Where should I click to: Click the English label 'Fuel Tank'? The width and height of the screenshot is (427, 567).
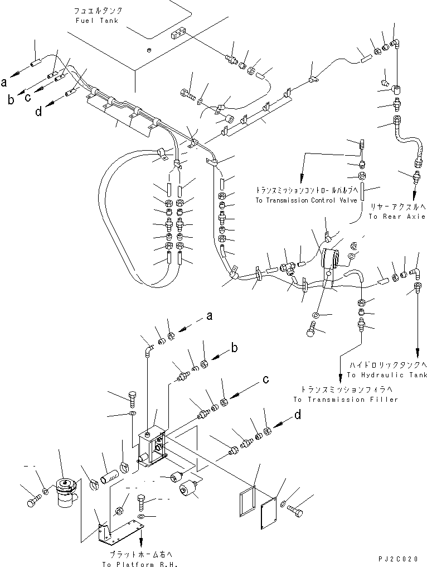point(97,21)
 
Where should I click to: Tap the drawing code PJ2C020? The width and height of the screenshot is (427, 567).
point(398,559)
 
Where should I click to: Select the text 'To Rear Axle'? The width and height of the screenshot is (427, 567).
point(397,217)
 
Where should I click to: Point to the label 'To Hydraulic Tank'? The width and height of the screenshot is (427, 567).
point(387,375)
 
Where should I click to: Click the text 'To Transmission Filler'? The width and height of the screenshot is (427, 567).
point(346,400)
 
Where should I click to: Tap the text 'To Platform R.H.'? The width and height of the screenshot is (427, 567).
point(140,564)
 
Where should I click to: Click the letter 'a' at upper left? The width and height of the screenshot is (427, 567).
point(3,83)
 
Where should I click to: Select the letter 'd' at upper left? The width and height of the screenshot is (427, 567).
point(38,112)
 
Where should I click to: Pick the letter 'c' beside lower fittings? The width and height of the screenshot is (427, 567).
point(266,379)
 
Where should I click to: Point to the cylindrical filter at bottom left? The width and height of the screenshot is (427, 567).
point(66,491)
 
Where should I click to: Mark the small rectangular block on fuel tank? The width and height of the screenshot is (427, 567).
point(178,35)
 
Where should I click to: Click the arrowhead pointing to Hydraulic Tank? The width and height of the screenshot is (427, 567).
point(418,351)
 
